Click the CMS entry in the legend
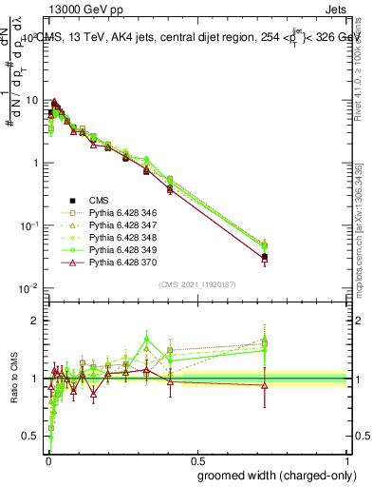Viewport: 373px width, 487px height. point(98,200)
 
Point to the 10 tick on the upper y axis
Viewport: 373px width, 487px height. point(32,100)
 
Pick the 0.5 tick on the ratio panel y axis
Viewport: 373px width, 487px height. point(33,437)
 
